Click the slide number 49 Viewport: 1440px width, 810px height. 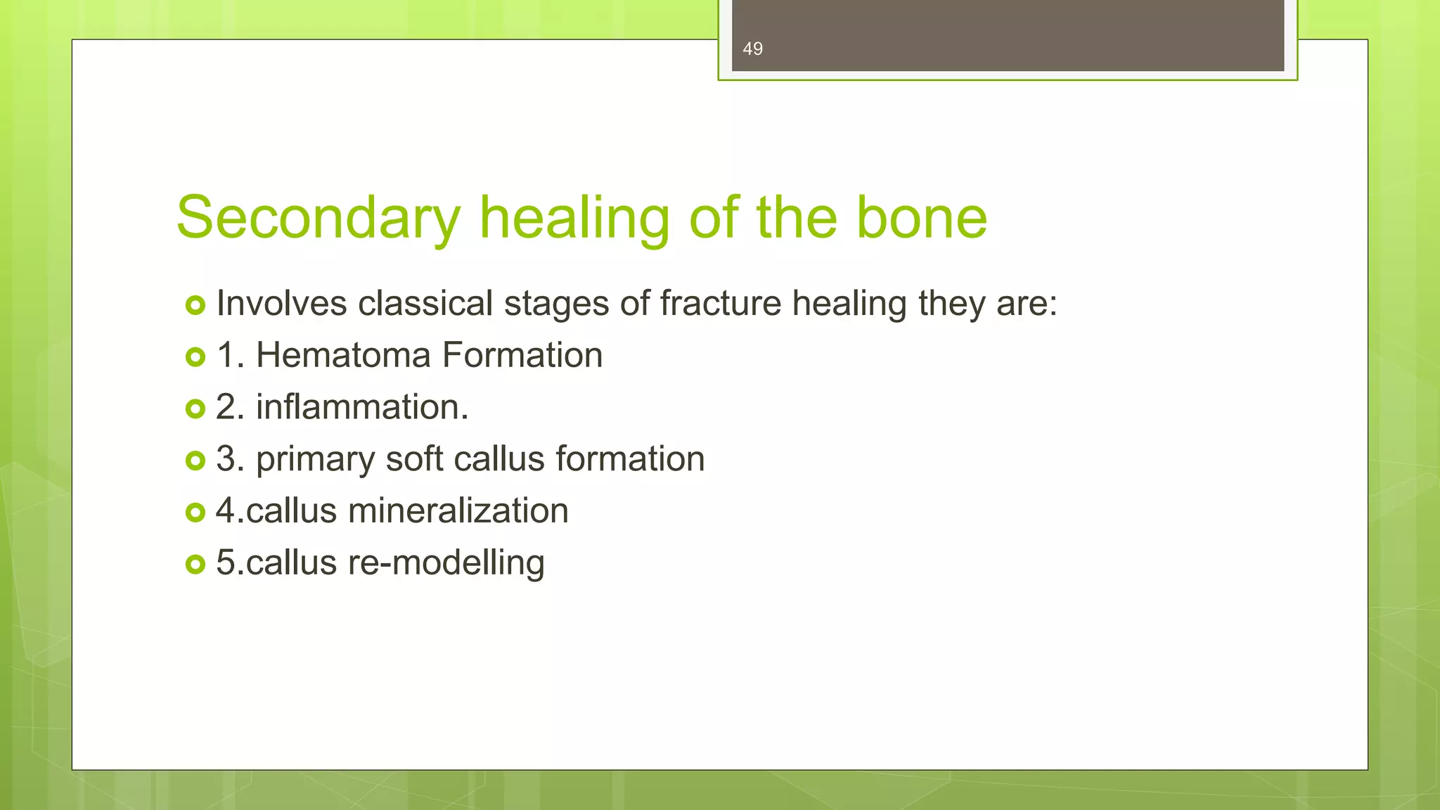point(752,49)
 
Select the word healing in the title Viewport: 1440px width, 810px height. point(574,219)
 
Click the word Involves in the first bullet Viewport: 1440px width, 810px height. point(281,304)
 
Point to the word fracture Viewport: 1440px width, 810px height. point(720,304)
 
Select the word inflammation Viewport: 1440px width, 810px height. point(361,407)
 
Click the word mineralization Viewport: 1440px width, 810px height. point(458,510)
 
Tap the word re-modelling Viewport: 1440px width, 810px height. point(446,562)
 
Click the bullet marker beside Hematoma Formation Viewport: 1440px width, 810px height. point(195,357)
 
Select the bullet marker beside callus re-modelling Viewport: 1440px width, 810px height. point(195,564)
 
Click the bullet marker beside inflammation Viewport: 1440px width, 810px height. point(195,409)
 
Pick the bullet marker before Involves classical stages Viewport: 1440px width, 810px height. point(195,305)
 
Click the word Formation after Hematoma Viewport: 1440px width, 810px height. point(522,355)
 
